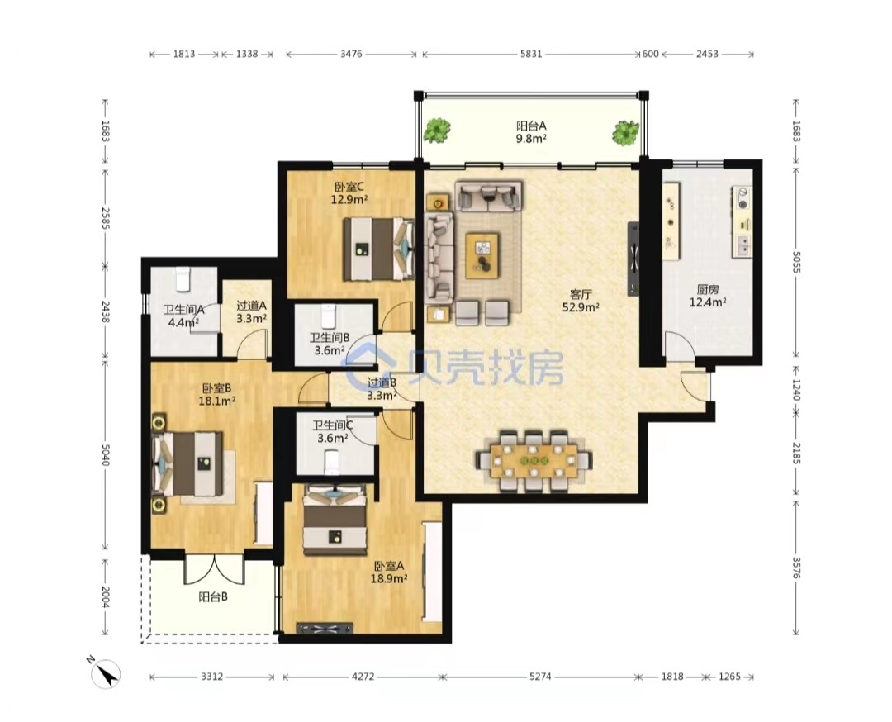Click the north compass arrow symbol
[x=106, y=674]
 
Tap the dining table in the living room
[x=534, y=459]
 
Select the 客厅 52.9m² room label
[x=581, y=301]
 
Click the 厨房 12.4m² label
[x=708, y=296]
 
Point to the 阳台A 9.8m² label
[x=531, y=131]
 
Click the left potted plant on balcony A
[x=436, y=131]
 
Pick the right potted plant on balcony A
[x=625, y=132]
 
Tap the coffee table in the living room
[x=482, y=255]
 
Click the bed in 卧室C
[x=379, y=249]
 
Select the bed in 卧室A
[x=334, y=520]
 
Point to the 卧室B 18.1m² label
[x=216, y=395]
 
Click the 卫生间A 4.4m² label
[x=183, y=316]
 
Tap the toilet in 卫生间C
[x=332, y=462]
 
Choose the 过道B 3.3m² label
[x=381, y=389]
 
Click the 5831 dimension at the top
[x=531, y=54]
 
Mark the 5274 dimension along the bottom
[x=540, y=677]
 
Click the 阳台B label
[x=213, y=596]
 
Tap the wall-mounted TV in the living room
[x=633, y=259]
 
